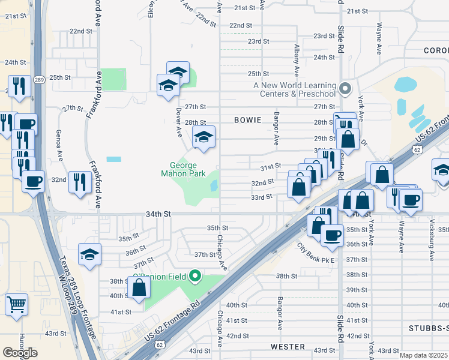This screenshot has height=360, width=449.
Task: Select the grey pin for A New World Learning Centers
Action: click(345, 89)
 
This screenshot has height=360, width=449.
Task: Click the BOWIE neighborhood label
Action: click(248, 120)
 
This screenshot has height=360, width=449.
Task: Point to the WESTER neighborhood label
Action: click(288, 347)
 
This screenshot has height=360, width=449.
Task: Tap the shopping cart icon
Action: click(17, 304)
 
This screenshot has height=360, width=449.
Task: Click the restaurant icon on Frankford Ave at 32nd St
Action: click(80, 182)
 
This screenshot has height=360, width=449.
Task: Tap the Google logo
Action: click(20, 353)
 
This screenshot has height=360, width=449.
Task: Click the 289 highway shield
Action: click(39, 79)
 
